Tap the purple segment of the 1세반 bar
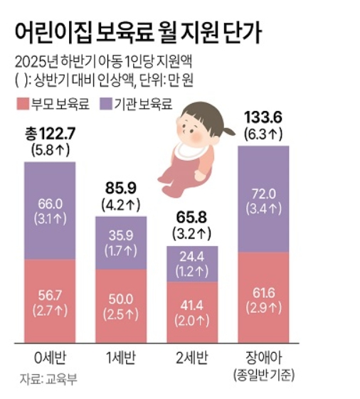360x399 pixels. point(121,238)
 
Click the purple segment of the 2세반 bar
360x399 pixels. point(192,264)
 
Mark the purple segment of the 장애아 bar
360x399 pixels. point(264,199)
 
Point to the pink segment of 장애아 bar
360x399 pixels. point(264,299)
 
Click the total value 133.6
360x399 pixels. point(264,117)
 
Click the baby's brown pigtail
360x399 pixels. point(226,129)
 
